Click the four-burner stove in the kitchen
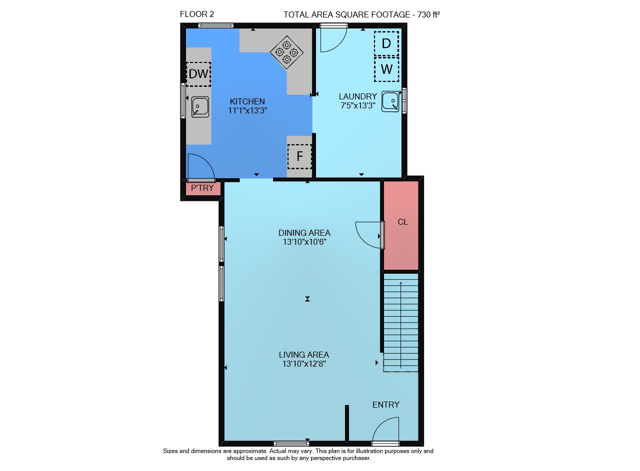[x=286, y=52]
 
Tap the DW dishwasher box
[x=198, y=74]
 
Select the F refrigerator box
[x=299, y=156]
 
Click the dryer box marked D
[x=386, y=43]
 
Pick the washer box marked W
[x=386, y=69]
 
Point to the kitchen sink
[x=200, y=107]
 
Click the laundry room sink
[x=390, y=101]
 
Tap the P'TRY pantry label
[x=202, y=188]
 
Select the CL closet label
[x=403, y=222]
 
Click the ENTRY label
[x=385, y=405]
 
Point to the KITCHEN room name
[x=247, y=101]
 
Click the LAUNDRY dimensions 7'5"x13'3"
[x=357, y=105]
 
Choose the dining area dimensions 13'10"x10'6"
[x=304, y=242]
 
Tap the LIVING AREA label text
[x=304, y=355]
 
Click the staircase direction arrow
[x=401, y=325]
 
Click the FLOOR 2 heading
[x=197, y=14]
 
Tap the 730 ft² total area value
[x=428, y=14]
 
